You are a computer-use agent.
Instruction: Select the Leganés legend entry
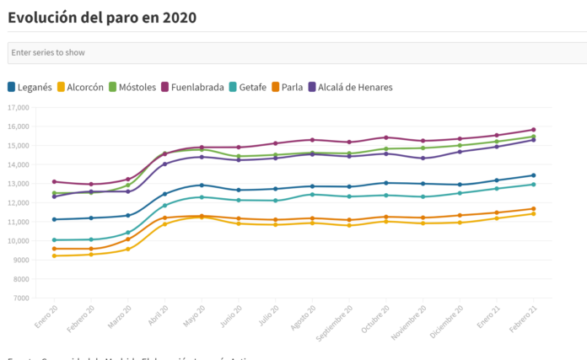coord(30,87)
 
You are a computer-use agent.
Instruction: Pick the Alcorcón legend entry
coord(80,87)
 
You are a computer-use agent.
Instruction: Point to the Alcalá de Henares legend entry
coord(350,87)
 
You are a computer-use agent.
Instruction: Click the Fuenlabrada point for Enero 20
coord(55,181)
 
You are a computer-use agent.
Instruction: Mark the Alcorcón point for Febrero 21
coord(533,213)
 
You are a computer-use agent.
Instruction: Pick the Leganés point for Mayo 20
coord(201,185)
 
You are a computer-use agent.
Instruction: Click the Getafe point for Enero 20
coord(55,240)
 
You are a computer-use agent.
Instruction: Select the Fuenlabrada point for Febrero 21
coord(533,130)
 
